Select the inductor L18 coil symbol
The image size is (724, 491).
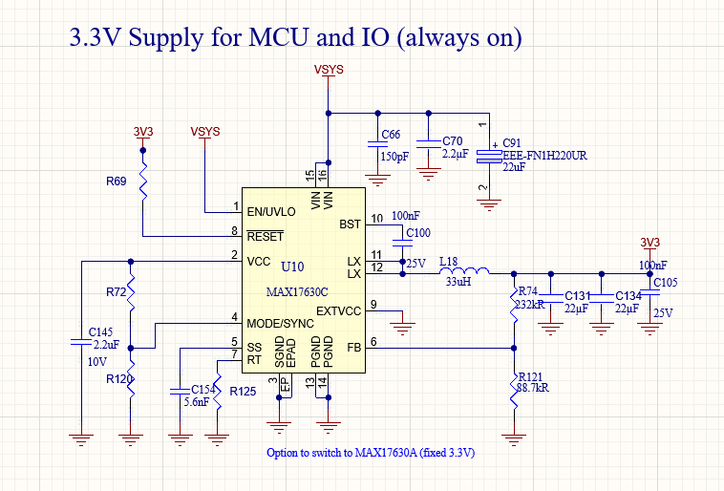point(467,272)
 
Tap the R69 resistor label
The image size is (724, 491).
point(117,180)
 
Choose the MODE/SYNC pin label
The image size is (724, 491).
point(282,323)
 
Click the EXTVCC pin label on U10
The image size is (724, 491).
point(340,310)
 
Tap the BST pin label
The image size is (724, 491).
point(350,224)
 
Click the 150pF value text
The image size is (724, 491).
point(394,157)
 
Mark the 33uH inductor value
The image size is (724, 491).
point(458,283)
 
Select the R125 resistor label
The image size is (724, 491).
point(243,391)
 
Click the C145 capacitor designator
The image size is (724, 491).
point(101,331)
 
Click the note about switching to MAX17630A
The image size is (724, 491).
point(371,453)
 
